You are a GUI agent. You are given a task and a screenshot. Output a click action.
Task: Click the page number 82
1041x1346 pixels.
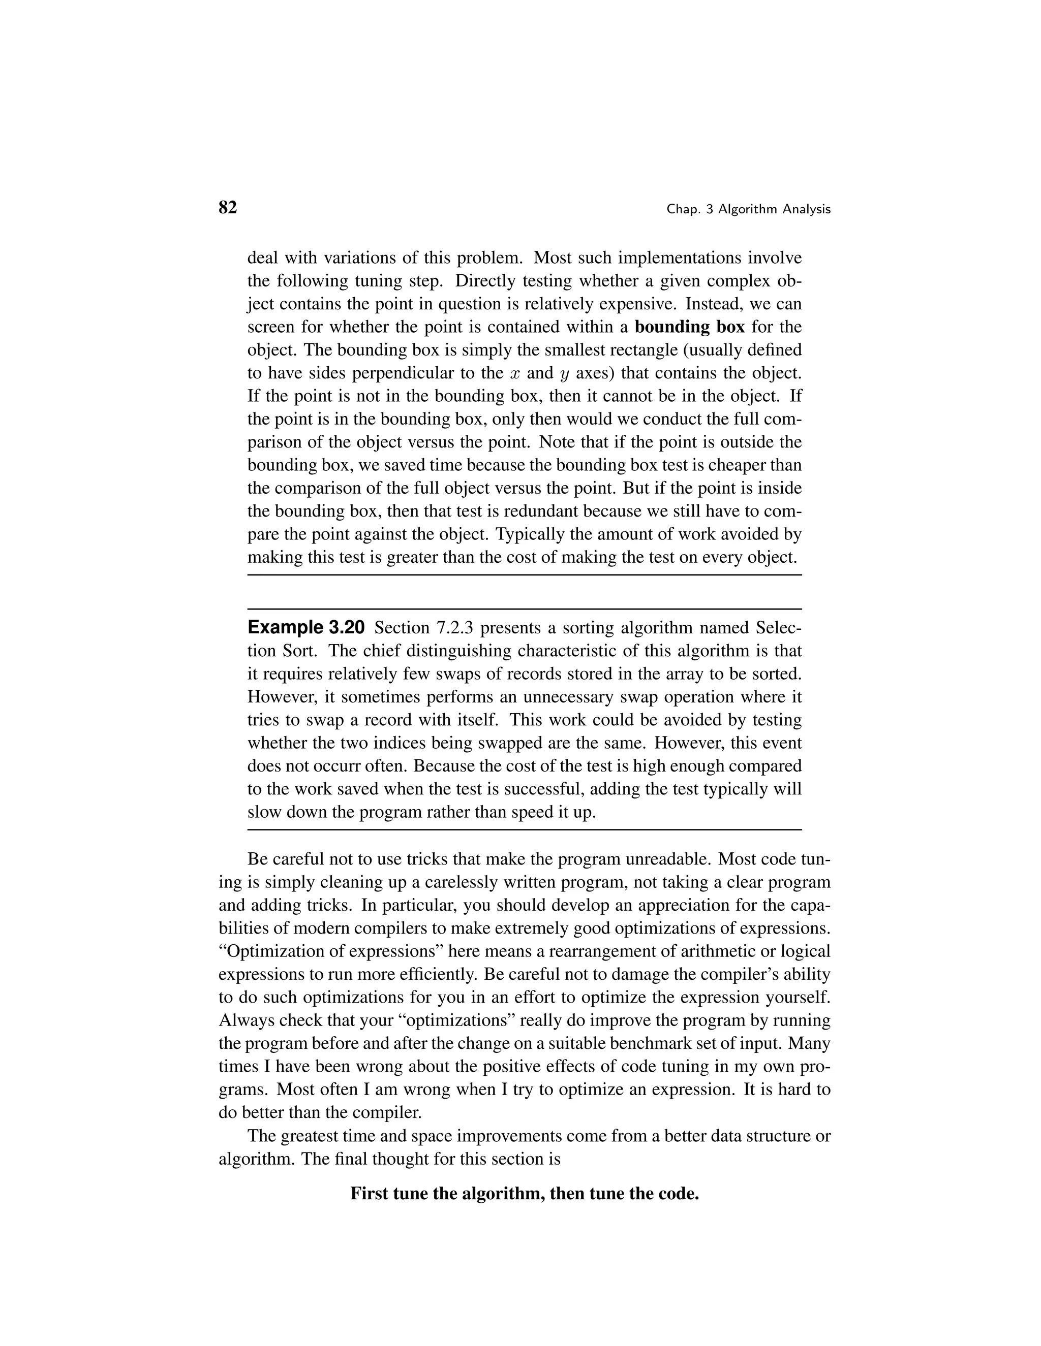[x=228, y=208]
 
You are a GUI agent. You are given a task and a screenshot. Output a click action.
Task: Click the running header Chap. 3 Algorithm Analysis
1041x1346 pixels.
[x=748, y=210]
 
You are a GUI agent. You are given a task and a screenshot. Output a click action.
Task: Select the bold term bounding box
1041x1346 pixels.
[x=689, y=327]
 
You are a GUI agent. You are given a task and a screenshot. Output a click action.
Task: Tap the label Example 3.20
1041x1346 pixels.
[x=307, y=628]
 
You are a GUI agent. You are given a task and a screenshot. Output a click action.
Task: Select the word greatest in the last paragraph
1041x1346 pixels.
[x=309, y=1136]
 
